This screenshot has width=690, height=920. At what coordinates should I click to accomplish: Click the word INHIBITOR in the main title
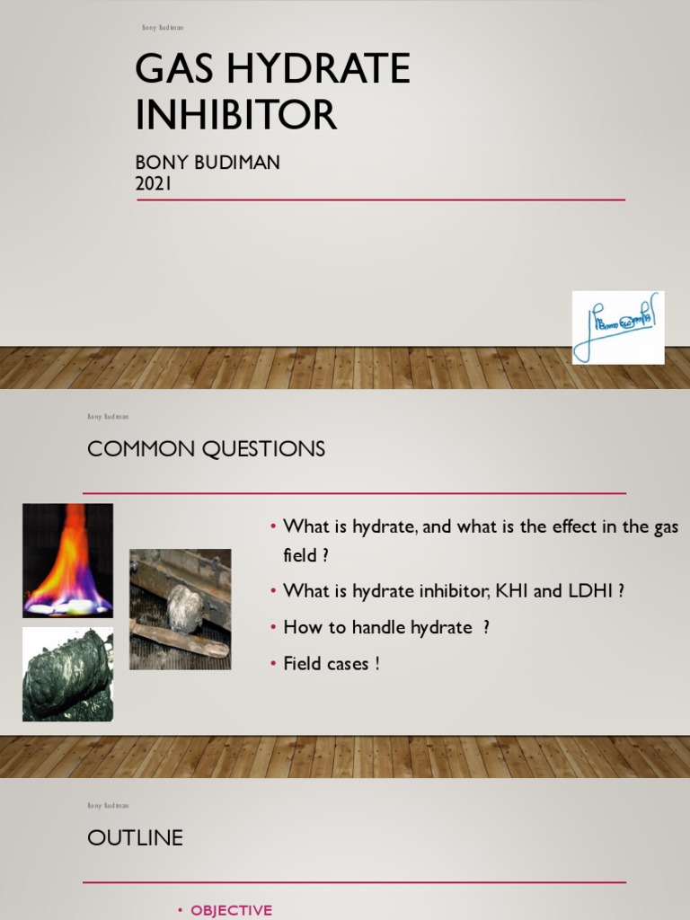(235, 115)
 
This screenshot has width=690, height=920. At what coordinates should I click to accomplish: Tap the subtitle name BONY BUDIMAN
(208, 163)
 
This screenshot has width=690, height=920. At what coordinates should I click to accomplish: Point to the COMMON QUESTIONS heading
(206, 449)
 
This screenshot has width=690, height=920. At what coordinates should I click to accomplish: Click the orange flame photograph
(67, 561)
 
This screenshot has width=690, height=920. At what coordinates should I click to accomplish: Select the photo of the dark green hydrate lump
(67, 675)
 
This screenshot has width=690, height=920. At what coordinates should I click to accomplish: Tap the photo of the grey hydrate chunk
(180, 609)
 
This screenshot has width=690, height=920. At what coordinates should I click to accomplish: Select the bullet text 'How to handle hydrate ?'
(386, 628)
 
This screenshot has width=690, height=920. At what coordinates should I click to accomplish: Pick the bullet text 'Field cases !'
(332, 664)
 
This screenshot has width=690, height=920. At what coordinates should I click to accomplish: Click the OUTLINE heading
(135, 838)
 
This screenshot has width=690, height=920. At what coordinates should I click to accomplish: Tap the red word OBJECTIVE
(231, 910)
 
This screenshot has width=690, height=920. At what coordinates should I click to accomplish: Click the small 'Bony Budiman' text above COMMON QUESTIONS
(108, 417)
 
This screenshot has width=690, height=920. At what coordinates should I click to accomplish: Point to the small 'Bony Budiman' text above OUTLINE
(108, 806)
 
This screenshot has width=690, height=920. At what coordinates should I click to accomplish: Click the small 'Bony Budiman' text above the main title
(163, 28)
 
